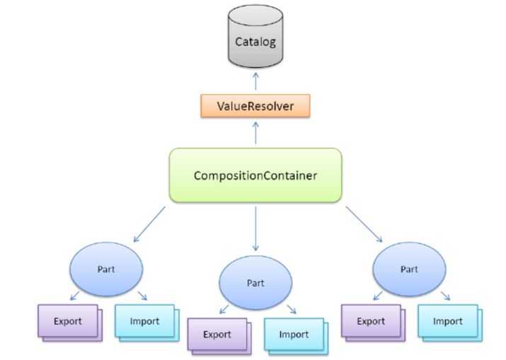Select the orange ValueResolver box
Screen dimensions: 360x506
[x=255, y=107]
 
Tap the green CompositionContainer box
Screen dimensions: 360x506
[x=255, y=175]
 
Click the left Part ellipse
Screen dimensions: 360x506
[x=106, y=269]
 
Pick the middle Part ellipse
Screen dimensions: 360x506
[x=255, y=282]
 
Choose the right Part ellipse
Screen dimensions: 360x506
[x=408, y=269]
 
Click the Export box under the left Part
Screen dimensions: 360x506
[x=68, y=322]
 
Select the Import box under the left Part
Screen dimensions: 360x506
[x=145, y=322]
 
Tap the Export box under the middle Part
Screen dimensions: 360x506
[x=217, y=335]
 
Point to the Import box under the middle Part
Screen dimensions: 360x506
[x=293, y=335]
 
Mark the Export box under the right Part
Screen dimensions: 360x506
[x=370, y=322]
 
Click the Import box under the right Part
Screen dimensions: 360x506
[x=447, y=322]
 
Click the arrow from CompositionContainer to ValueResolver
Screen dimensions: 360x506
[x=255, y=132]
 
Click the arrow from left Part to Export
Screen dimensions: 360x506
[x=73, y=296]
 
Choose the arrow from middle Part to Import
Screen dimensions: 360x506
[x=289, y=310]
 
